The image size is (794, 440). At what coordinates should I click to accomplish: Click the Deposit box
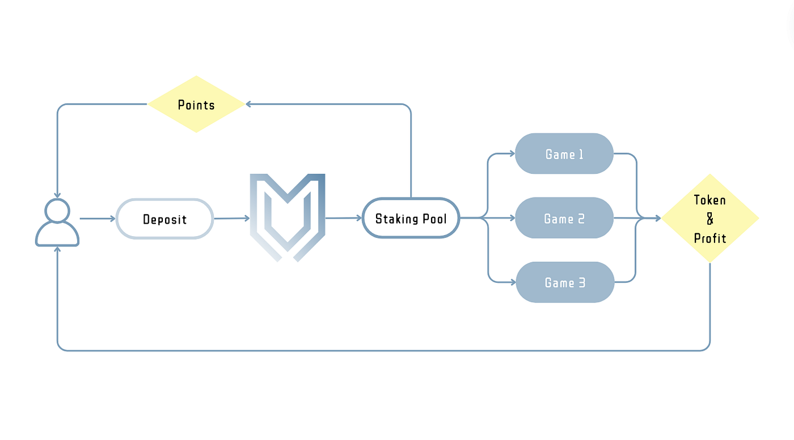pyautogui.click(x=164, y=219)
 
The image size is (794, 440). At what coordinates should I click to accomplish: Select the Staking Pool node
pyautogui.click(x=411, y=218)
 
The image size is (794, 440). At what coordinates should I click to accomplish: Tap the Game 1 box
pyautogui.click(x=564, y=153)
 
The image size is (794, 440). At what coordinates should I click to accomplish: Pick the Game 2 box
pyautogui.click(x=564, y=218)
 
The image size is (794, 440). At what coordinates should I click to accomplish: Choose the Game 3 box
pyautogui.click(x=564, y=282)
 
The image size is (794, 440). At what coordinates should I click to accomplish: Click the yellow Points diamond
pyautogui.click(x=196, y=104)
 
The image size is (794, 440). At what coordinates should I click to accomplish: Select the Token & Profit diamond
pyautogui.click(x=710, y=218)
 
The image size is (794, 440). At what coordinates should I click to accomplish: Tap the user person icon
pyautogui.click(x=57, y=223)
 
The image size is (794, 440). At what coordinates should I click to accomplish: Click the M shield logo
pyautogui.click(x=288, y=217)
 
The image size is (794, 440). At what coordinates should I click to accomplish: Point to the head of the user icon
pyautogui.click(x=57, y=211)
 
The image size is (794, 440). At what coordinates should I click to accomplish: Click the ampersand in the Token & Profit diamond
pyautogui.click(x=710, y=219)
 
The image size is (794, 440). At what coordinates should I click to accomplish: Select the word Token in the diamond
pyautogui.click(x=710, y=200)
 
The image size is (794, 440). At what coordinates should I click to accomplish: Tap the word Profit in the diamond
pyautogui.click(x=710, y=238)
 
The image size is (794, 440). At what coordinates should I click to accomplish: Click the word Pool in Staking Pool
pyautogui.click(x=433, y=219)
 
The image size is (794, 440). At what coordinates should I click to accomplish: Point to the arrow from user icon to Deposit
pyautogui.click(x=97, y=218)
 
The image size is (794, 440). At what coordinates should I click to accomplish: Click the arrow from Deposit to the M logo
pyautogui.click(x=231, y=218)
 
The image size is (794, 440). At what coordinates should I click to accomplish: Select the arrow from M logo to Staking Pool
pyautogui.click(x=344, y=218)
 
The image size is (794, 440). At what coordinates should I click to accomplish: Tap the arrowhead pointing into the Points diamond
pyautogui.click(x=248, y=104)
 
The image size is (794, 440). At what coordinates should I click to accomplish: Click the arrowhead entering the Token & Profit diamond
pyautogui.click(x=657, y=218)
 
